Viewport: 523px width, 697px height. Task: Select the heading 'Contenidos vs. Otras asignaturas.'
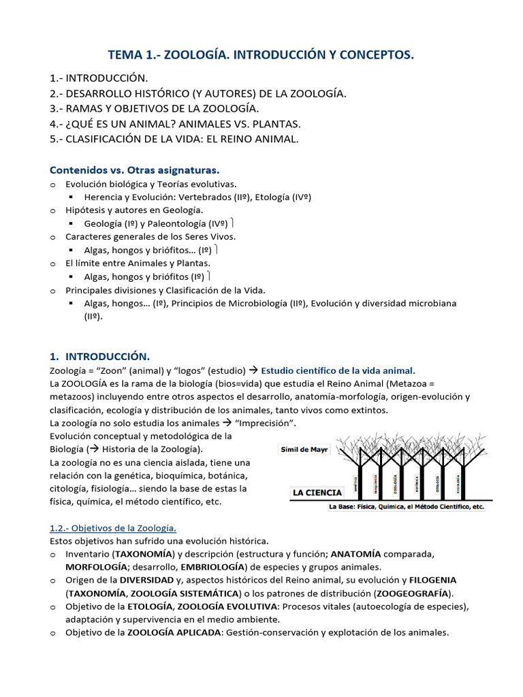tap(135, 169)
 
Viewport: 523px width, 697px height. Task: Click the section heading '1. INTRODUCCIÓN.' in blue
tap(99, 356)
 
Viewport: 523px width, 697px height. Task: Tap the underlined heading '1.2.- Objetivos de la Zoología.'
tap(113, 528)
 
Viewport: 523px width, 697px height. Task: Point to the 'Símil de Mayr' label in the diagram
tap(305, 450)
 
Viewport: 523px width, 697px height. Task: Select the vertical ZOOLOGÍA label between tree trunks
tap(396, 484)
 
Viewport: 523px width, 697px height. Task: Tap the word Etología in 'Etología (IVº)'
tap(274, 197)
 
